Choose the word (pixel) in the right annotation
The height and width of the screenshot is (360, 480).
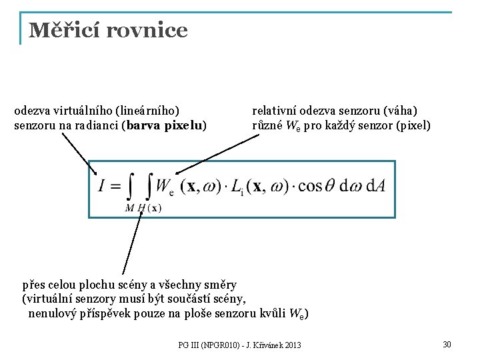(414, 125)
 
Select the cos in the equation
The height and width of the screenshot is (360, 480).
(311, 187)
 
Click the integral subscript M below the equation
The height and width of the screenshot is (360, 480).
(129, 208)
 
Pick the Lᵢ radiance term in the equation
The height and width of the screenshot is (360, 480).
(238, 188)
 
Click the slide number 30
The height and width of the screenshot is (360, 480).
(447, 344)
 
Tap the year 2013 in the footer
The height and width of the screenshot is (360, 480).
(291, 345)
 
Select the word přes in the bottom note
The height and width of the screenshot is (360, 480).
(34, 285)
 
